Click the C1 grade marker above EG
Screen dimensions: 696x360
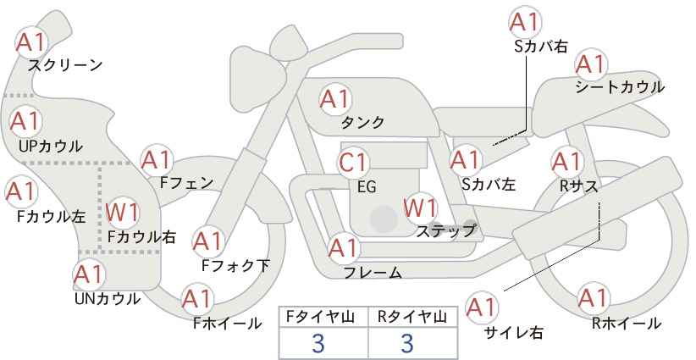click(x=353, y=163)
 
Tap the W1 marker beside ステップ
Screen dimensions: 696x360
click(x=420, y=208)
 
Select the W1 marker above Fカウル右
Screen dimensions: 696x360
click(x=123, y=213)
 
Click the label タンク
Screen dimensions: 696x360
click(x=362, y=122)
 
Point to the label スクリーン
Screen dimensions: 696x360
click(x=65, y=66)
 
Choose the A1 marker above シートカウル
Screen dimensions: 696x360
click(x=591, y=64)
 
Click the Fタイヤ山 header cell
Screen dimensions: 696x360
click(x=323, y=317)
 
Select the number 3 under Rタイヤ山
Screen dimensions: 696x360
click(x=407, y=343)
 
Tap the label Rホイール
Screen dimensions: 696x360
click(x=626, y=324)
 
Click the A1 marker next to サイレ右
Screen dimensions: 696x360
click(x=482, y=307)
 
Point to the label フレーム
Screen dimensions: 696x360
click(x=373, y=273)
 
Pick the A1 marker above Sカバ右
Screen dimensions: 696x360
click(x=525, y=22)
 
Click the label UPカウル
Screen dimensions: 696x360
click(x=51, y=146)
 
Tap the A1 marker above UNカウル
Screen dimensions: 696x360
click(x=89, y=274)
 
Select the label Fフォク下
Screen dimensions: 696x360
click(x=235, y=265)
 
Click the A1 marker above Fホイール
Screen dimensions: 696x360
click(x=197, y=299)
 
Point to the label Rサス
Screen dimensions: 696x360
click(x=579, y=186)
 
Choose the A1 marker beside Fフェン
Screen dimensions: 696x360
click(x=157, y=160)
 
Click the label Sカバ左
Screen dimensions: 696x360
click(x=489, y=184)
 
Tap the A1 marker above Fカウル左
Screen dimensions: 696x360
click(x=20, y=191)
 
